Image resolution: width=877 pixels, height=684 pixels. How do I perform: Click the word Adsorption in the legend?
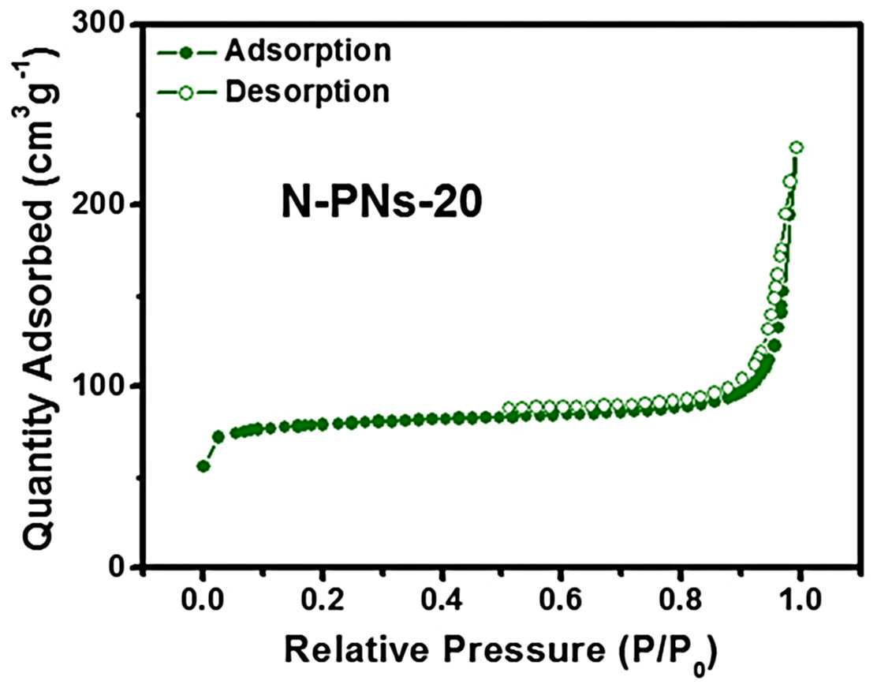[x=308, y=51]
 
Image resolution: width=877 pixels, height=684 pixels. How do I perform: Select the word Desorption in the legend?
[x=307, y=92]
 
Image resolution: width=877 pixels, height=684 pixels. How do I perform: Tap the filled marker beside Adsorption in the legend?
[x=187, y=53]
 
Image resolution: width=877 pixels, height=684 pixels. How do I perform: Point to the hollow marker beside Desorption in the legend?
[x=186, y=92]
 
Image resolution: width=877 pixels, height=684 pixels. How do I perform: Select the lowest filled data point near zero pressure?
[x=203, y=466]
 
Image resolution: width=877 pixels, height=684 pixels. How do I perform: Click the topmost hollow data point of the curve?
[x=797, y=148]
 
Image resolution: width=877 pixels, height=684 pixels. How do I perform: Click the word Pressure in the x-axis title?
[x=525, y=650]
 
